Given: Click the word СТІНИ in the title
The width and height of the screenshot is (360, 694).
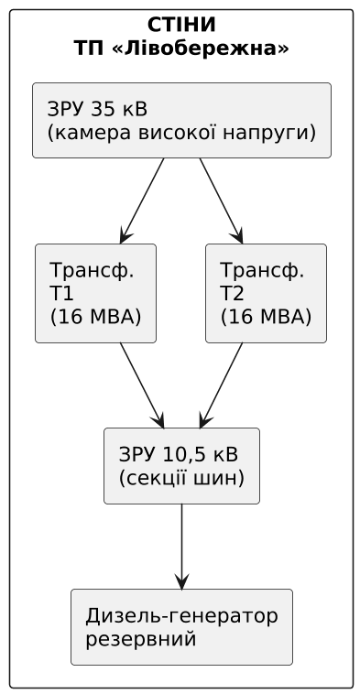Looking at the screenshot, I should (x=181, y=24).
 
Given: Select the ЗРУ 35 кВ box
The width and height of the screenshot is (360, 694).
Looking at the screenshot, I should (x=181, y=120).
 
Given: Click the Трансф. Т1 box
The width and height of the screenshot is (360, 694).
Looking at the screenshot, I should (x=95, y=293).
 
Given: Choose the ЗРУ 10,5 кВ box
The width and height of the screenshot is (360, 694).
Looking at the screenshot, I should (x=181, y=465).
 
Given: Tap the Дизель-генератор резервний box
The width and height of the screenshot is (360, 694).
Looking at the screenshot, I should (x=181, y=626).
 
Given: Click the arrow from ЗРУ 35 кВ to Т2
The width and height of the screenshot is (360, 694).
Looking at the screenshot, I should (x=220, y=201).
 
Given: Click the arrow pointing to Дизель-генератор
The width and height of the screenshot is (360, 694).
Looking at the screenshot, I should (x=182, y=546).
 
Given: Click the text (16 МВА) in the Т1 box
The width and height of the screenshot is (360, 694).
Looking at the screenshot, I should (x=95, y=318).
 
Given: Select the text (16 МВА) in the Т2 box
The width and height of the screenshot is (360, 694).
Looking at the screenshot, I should (x=266, y=318).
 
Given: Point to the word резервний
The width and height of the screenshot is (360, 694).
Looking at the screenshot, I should (x=140, y=638).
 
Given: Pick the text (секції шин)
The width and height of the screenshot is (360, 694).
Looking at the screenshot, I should (x=181, y=478).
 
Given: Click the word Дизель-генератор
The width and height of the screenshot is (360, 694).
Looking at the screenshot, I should (x=181, y=614).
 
